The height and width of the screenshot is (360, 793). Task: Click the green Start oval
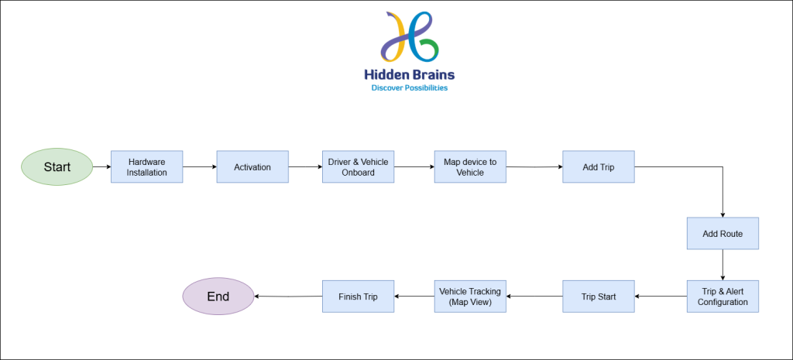57,167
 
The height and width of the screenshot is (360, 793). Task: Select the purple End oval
218,297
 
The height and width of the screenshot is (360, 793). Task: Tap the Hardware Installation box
146,167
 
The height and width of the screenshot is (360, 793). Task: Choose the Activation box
252,167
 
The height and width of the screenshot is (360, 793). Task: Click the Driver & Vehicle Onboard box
358,167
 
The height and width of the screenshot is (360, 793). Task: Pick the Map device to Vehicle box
470,167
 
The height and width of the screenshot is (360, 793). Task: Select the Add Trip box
599,167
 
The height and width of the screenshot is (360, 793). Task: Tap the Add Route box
723,234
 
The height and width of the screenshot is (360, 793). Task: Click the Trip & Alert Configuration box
723,297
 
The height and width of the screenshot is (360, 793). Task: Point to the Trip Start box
599,297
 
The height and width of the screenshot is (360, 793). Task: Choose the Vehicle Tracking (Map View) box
470,297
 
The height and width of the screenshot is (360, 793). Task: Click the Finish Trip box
358,297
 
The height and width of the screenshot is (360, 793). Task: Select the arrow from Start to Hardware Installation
102,167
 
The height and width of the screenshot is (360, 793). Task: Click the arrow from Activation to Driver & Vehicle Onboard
305,167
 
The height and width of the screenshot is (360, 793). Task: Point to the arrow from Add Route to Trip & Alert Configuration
723,265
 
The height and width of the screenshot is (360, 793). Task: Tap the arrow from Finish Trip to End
288,297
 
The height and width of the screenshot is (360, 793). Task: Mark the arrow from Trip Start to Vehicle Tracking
534,297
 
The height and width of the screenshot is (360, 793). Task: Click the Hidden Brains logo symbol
410,37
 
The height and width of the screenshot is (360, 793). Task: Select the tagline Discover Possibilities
410,88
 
